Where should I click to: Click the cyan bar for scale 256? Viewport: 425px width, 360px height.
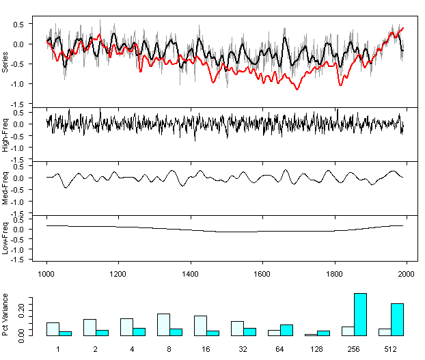360,314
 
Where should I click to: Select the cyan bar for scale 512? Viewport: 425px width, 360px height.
397,320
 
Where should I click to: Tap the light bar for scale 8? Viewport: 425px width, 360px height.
163,324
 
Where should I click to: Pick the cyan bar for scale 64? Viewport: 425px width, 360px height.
286,330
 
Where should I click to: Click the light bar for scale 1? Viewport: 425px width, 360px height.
53,329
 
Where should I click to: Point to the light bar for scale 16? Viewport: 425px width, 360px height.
200,325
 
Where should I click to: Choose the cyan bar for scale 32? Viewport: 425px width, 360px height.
249,332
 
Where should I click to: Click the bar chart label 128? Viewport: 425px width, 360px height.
317,350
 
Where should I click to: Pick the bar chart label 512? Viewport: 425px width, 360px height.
391,350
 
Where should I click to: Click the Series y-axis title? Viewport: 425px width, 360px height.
6,61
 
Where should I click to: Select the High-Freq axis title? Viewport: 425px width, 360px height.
6,133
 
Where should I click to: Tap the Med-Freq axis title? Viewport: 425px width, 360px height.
6,187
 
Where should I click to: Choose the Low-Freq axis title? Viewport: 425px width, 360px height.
6,240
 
